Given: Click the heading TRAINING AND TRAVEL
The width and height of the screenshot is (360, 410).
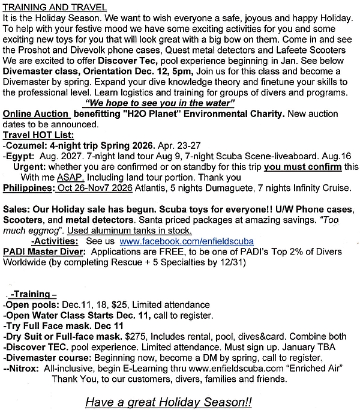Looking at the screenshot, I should (55, 8).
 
